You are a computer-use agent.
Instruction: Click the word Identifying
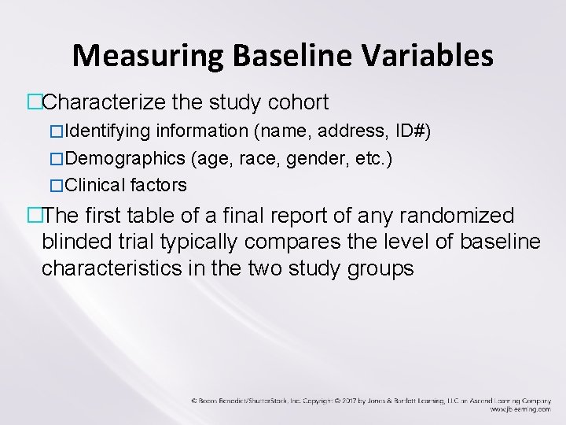110,131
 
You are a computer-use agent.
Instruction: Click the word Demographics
126,158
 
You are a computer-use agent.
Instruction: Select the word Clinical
96,186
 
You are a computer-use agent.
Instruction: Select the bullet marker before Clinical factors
55,186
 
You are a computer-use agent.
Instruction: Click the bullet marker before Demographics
55,158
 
